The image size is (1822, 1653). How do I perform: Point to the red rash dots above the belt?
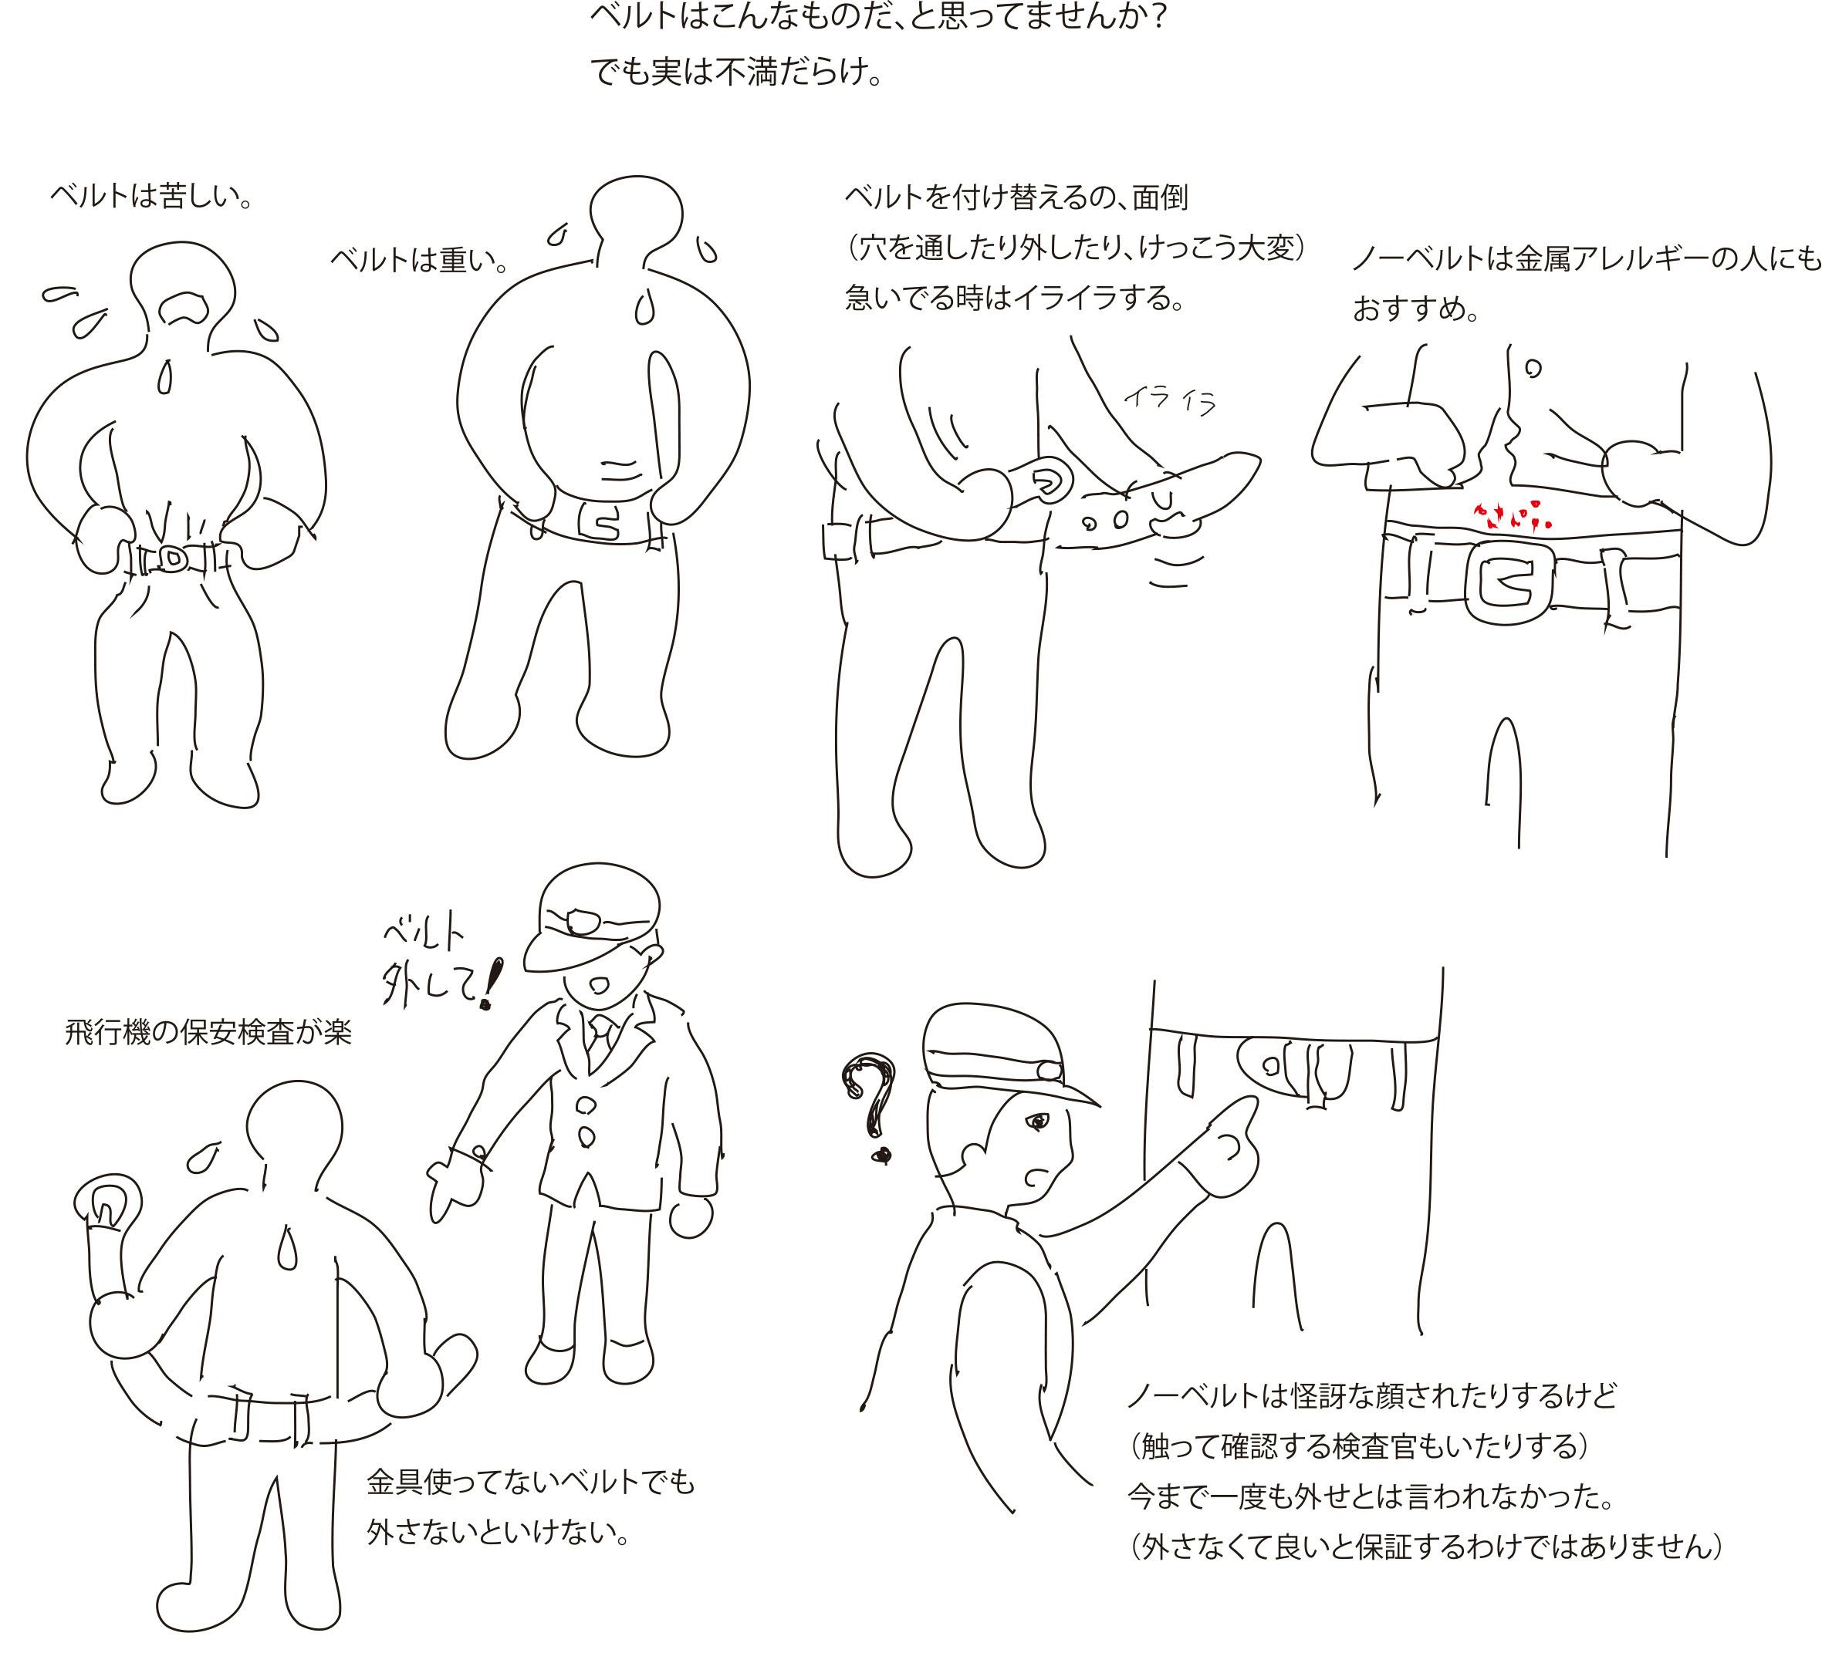[x=1511, y=514]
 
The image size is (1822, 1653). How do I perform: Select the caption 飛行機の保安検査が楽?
[x=208, y=1032]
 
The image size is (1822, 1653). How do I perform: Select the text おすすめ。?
[x=1416, y=309]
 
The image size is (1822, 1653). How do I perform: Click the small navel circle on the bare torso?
[x=1533, y=368]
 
